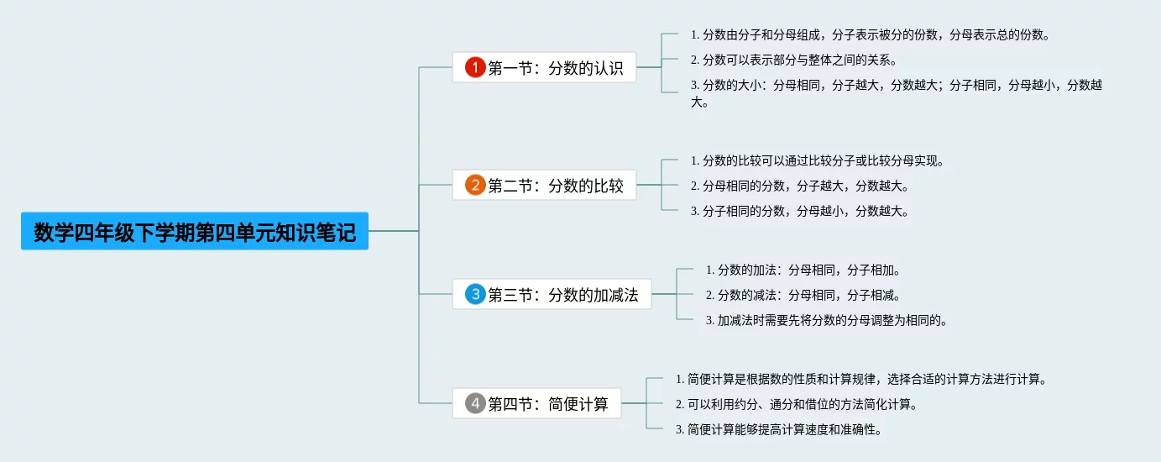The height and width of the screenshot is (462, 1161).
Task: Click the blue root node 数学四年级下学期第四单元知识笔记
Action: point(195,232)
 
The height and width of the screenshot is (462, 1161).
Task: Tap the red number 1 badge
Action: point(475,68)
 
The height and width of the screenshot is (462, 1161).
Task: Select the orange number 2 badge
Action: point(475,185)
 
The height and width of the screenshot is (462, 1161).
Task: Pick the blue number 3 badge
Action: point(475,294)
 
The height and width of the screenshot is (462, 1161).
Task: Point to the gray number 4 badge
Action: point(475,404)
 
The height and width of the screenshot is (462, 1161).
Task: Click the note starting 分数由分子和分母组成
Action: point(870,34)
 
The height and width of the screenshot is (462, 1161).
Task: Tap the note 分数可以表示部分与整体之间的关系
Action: point(794,60)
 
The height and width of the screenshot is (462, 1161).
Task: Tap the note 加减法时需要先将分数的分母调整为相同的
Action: point(826,320)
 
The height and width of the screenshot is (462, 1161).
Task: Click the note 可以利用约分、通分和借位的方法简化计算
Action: point(796,404)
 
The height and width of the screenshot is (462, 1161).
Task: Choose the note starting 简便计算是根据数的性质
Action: point(860,379)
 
